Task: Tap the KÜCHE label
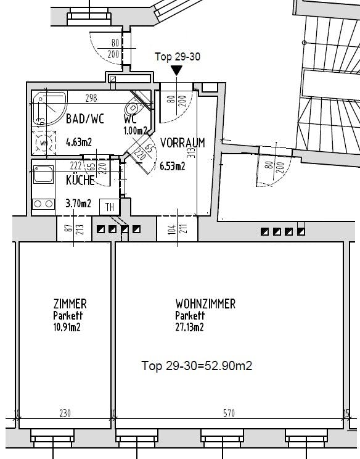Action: (80, 181)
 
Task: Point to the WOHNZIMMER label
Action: (205, 304)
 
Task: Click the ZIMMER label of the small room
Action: (70, 304)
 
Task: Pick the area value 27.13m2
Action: (189, 328)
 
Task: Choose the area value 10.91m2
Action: (67, 327)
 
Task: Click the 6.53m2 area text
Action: (173, 165)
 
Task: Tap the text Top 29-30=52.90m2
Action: (197, 366)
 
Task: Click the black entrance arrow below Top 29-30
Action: (177, 71)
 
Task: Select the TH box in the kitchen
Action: (110, 207)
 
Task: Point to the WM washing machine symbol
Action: (43, 146)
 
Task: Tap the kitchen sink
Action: (44, 175)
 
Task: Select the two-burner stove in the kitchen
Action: (43, 204)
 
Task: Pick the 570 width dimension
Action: (229, 414)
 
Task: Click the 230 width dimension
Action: (65, 414)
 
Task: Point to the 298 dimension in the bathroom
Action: (91, 97)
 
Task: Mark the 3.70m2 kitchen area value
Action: (78, 203)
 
